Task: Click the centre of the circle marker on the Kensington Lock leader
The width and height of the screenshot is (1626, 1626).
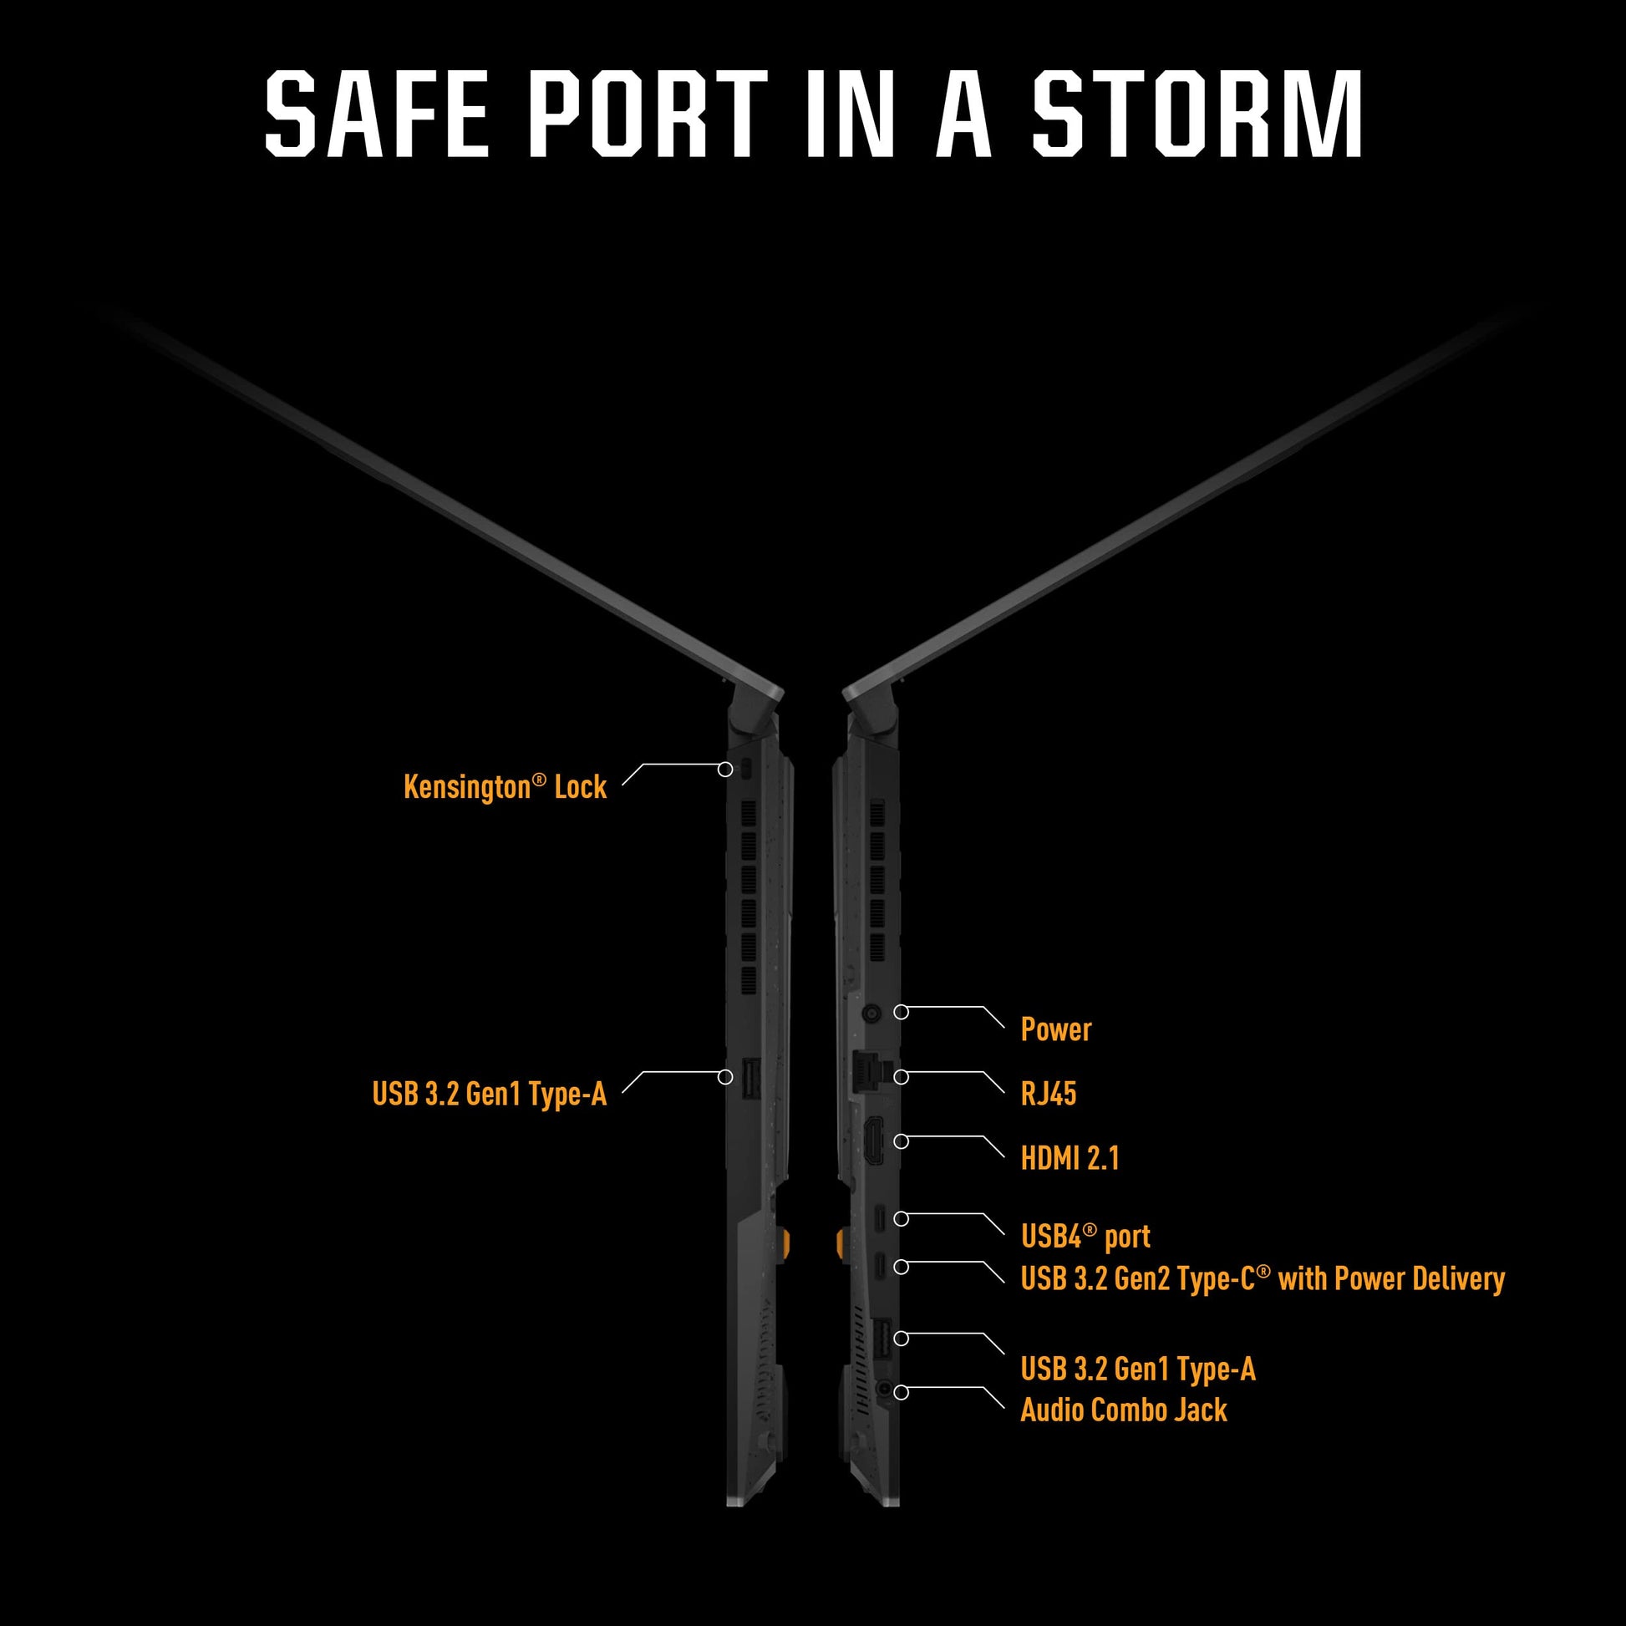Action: tap(725, 770)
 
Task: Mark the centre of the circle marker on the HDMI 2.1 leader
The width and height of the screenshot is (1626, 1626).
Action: tap(902, 1142)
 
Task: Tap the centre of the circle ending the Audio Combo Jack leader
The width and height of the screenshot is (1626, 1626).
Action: tap(902, 1393)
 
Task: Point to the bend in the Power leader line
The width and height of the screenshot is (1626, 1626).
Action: tap(983, 1007)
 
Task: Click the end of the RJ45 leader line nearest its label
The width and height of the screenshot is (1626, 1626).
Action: tap(1004, 1093)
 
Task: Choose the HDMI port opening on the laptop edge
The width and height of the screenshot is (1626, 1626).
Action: tap(876, 1142)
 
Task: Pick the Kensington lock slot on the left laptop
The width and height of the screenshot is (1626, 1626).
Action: tap(747, 769)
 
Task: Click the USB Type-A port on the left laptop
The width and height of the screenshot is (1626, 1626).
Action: tap(749, 1078)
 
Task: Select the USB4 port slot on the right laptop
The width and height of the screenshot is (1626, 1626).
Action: tap(880, 1217)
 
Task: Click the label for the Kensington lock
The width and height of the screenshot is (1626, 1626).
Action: tap(505, 788)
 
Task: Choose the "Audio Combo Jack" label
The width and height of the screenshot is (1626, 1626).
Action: tap(1124, 1410)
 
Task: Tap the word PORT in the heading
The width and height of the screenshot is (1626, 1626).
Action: tap(648, 114)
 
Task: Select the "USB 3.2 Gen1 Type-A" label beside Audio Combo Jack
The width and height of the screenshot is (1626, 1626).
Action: tap(1138, 1369)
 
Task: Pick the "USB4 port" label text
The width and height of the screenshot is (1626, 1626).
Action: tap(1085, 1237)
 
